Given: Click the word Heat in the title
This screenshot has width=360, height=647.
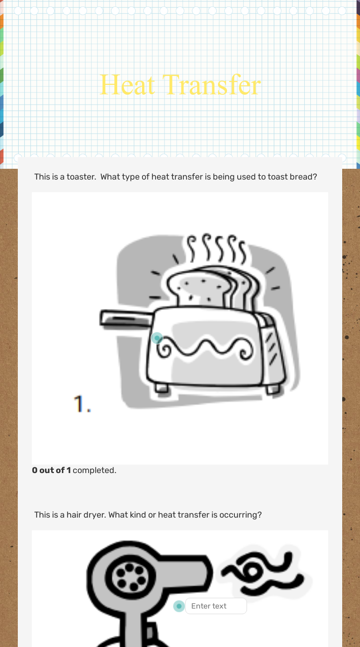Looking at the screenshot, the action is [x=127, y=85].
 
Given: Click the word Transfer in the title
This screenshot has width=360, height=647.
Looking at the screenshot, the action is [x=211, y=85].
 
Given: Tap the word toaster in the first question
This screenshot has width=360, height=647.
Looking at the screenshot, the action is [x=81, y=177].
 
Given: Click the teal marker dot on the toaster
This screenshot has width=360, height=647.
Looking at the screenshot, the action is [x=157, y=338].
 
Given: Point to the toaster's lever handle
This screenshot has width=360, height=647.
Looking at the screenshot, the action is [x=126, y=319].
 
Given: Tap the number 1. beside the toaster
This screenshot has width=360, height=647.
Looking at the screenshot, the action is [x=82, y=404].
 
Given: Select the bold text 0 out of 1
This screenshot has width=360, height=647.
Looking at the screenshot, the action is [x=52, y=470].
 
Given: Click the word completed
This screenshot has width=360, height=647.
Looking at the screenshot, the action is [x=94, y=471].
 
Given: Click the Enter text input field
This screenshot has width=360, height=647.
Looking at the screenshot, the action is [x=216, y=606].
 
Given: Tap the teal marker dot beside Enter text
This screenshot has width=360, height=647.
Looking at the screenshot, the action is [x=179, y=606].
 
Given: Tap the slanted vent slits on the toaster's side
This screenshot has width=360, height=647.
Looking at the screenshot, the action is [x=271, y=347].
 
